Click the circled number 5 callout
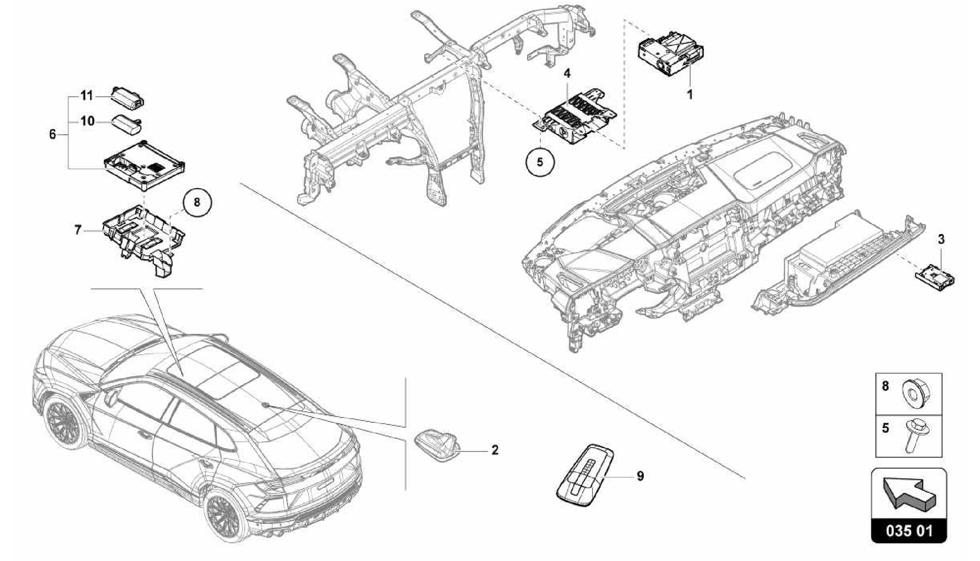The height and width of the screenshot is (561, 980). click(x=540, y=162)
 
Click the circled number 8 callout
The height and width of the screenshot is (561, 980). click(x=197, y=203)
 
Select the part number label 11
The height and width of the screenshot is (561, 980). click(x=86, y=96)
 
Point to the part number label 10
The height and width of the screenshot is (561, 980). click(x=87, y=122)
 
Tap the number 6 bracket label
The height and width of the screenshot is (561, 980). click(x=53, y=135)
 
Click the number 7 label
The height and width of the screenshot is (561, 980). click(x=78, y=231)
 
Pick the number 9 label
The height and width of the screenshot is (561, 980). click(x=640, y=476)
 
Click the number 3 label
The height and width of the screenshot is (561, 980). click(x=941, y=239)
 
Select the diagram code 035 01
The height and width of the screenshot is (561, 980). click(x=909, y=531)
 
